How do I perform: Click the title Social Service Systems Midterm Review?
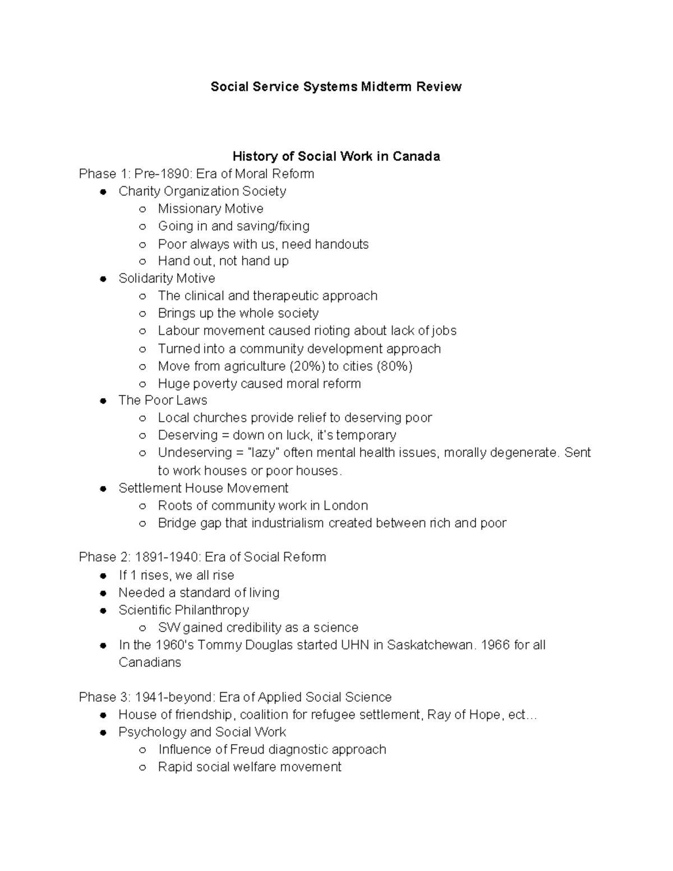pos(336,86)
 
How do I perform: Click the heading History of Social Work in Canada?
pos(336,156)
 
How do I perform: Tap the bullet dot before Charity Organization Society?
pos(103,192)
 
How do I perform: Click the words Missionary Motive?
pos(210,209)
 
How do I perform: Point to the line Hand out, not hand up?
pos(223,261)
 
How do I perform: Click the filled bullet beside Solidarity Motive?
pos(103,279)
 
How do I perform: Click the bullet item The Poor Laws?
pos(163,400)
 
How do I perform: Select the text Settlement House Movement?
pos(203,488)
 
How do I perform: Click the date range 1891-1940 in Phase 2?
pos(168,557)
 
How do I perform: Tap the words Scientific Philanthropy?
pos(183,610)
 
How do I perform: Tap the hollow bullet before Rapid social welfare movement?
pos(143,767)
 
